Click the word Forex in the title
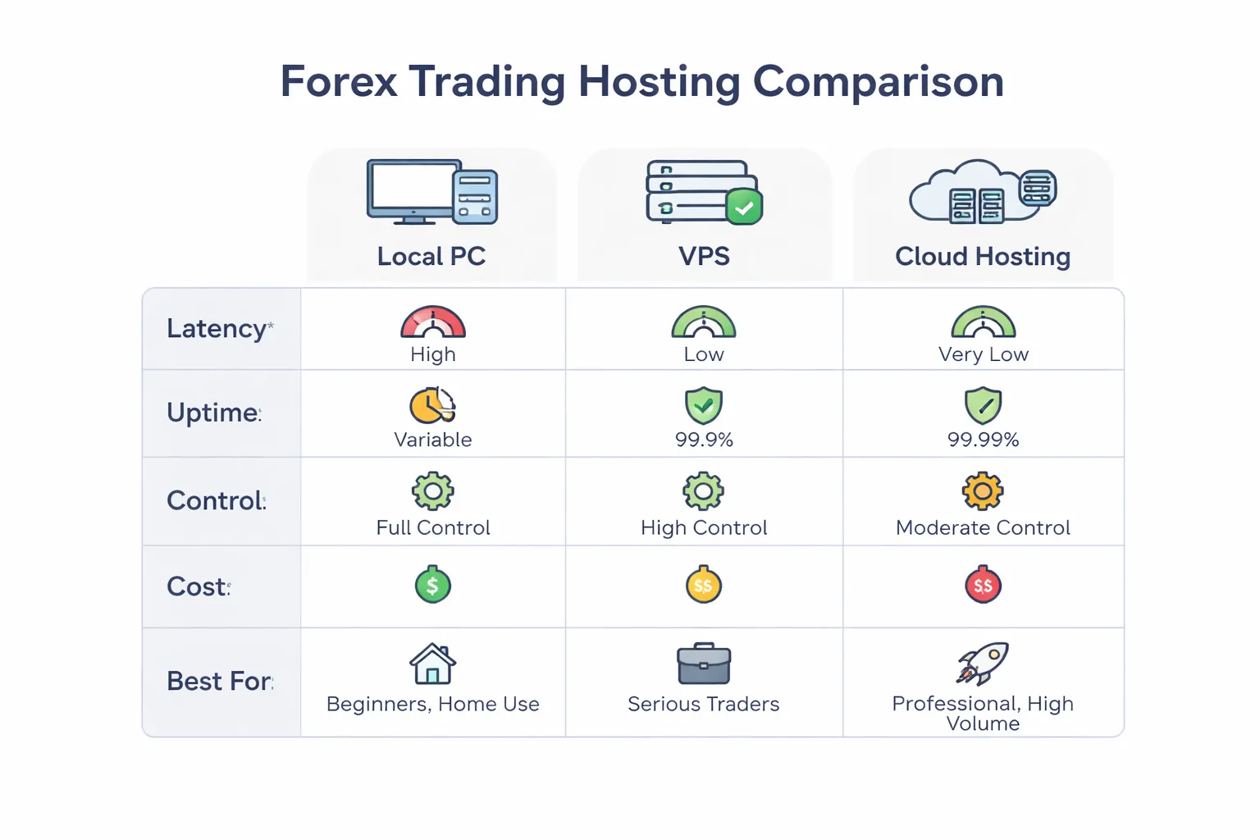tap(339, 82)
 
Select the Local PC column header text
tap(431, 257)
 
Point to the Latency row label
tap(217, 329)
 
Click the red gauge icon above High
tap(433, 322)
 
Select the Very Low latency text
tap(983, 354)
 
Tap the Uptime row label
tap(213, 413)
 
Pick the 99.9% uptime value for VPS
tap(704, 440)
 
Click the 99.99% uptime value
tap(983, 440)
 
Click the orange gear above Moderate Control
tap(983, 491)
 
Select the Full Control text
tap(433, 527)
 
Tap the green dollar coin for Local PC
tap(433, 585)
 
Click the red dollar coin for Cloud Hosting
tap(983, 585)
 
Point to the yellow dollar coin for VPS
tap(704, 585)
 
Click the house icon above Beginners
tap(433, 664)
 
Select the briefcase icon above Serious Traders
tap(704, 664)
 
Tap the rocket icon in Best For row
tap(983, 663)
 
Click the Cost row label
tap(197, 587)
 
